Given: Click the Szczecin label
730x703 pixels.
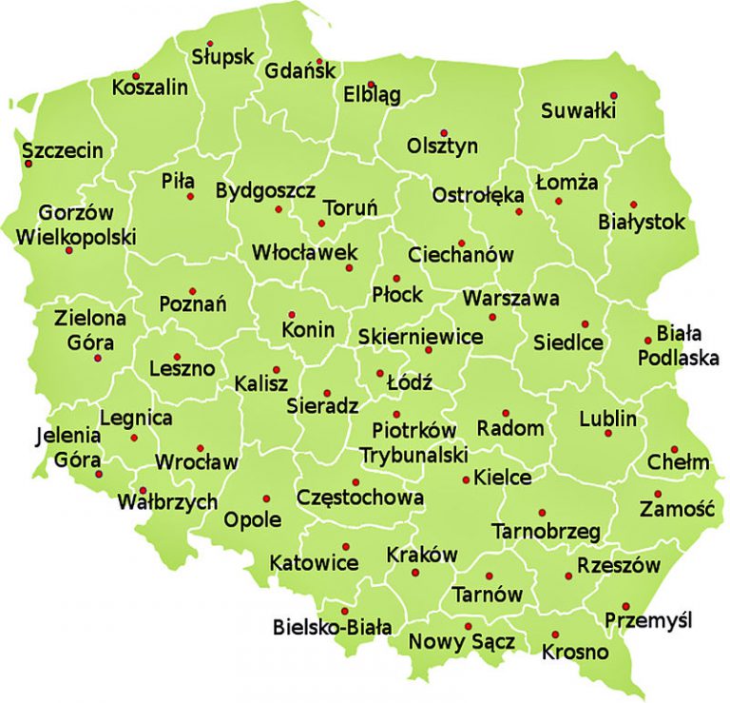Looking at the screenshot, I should click(62, 150).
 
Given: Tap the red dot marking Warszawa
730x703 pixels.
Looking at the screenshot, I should click(492, 317).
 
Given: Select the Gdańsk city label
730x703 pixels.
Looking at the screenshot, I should click(300, 70).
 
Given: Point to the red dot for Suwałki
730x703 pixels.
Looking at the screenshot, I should click(614, 95).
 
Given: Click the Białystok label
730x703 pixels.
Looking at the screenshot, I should click(642, 223).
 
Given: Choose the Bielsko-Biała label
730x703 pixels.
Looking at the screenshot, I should click(332, 627).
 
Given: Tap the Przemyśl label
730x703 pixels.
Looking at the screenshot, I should click(649, 621).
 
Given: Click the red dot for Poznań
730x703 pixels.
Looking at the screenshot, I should click(192, 291).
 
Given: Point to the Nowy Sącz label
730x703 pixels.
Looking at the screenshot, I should click(462, 642).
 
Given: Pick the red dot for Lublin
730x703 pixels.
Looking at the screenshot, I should click(608, 434).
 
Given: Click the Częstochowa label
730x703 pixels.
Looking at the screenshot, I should click(360, 497).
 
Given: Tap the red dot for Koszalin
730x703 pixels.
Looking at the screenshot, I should click(136, 76).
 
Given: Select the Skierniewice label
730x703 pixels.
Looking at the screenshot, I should click(420, 337).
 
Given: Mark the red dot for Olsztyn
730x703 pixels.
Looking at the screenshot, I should click(443, 132).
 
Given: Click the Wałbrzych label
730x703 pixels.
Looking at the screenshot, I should click(168, 502).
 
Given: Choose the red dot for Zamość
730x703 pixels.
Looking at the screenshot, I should click(658, 494).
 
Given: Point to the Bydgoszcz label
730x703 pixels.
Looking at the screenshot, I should click(265, 190).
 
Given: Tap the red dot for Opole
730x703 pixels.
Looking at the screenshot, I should click(266, 498).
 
